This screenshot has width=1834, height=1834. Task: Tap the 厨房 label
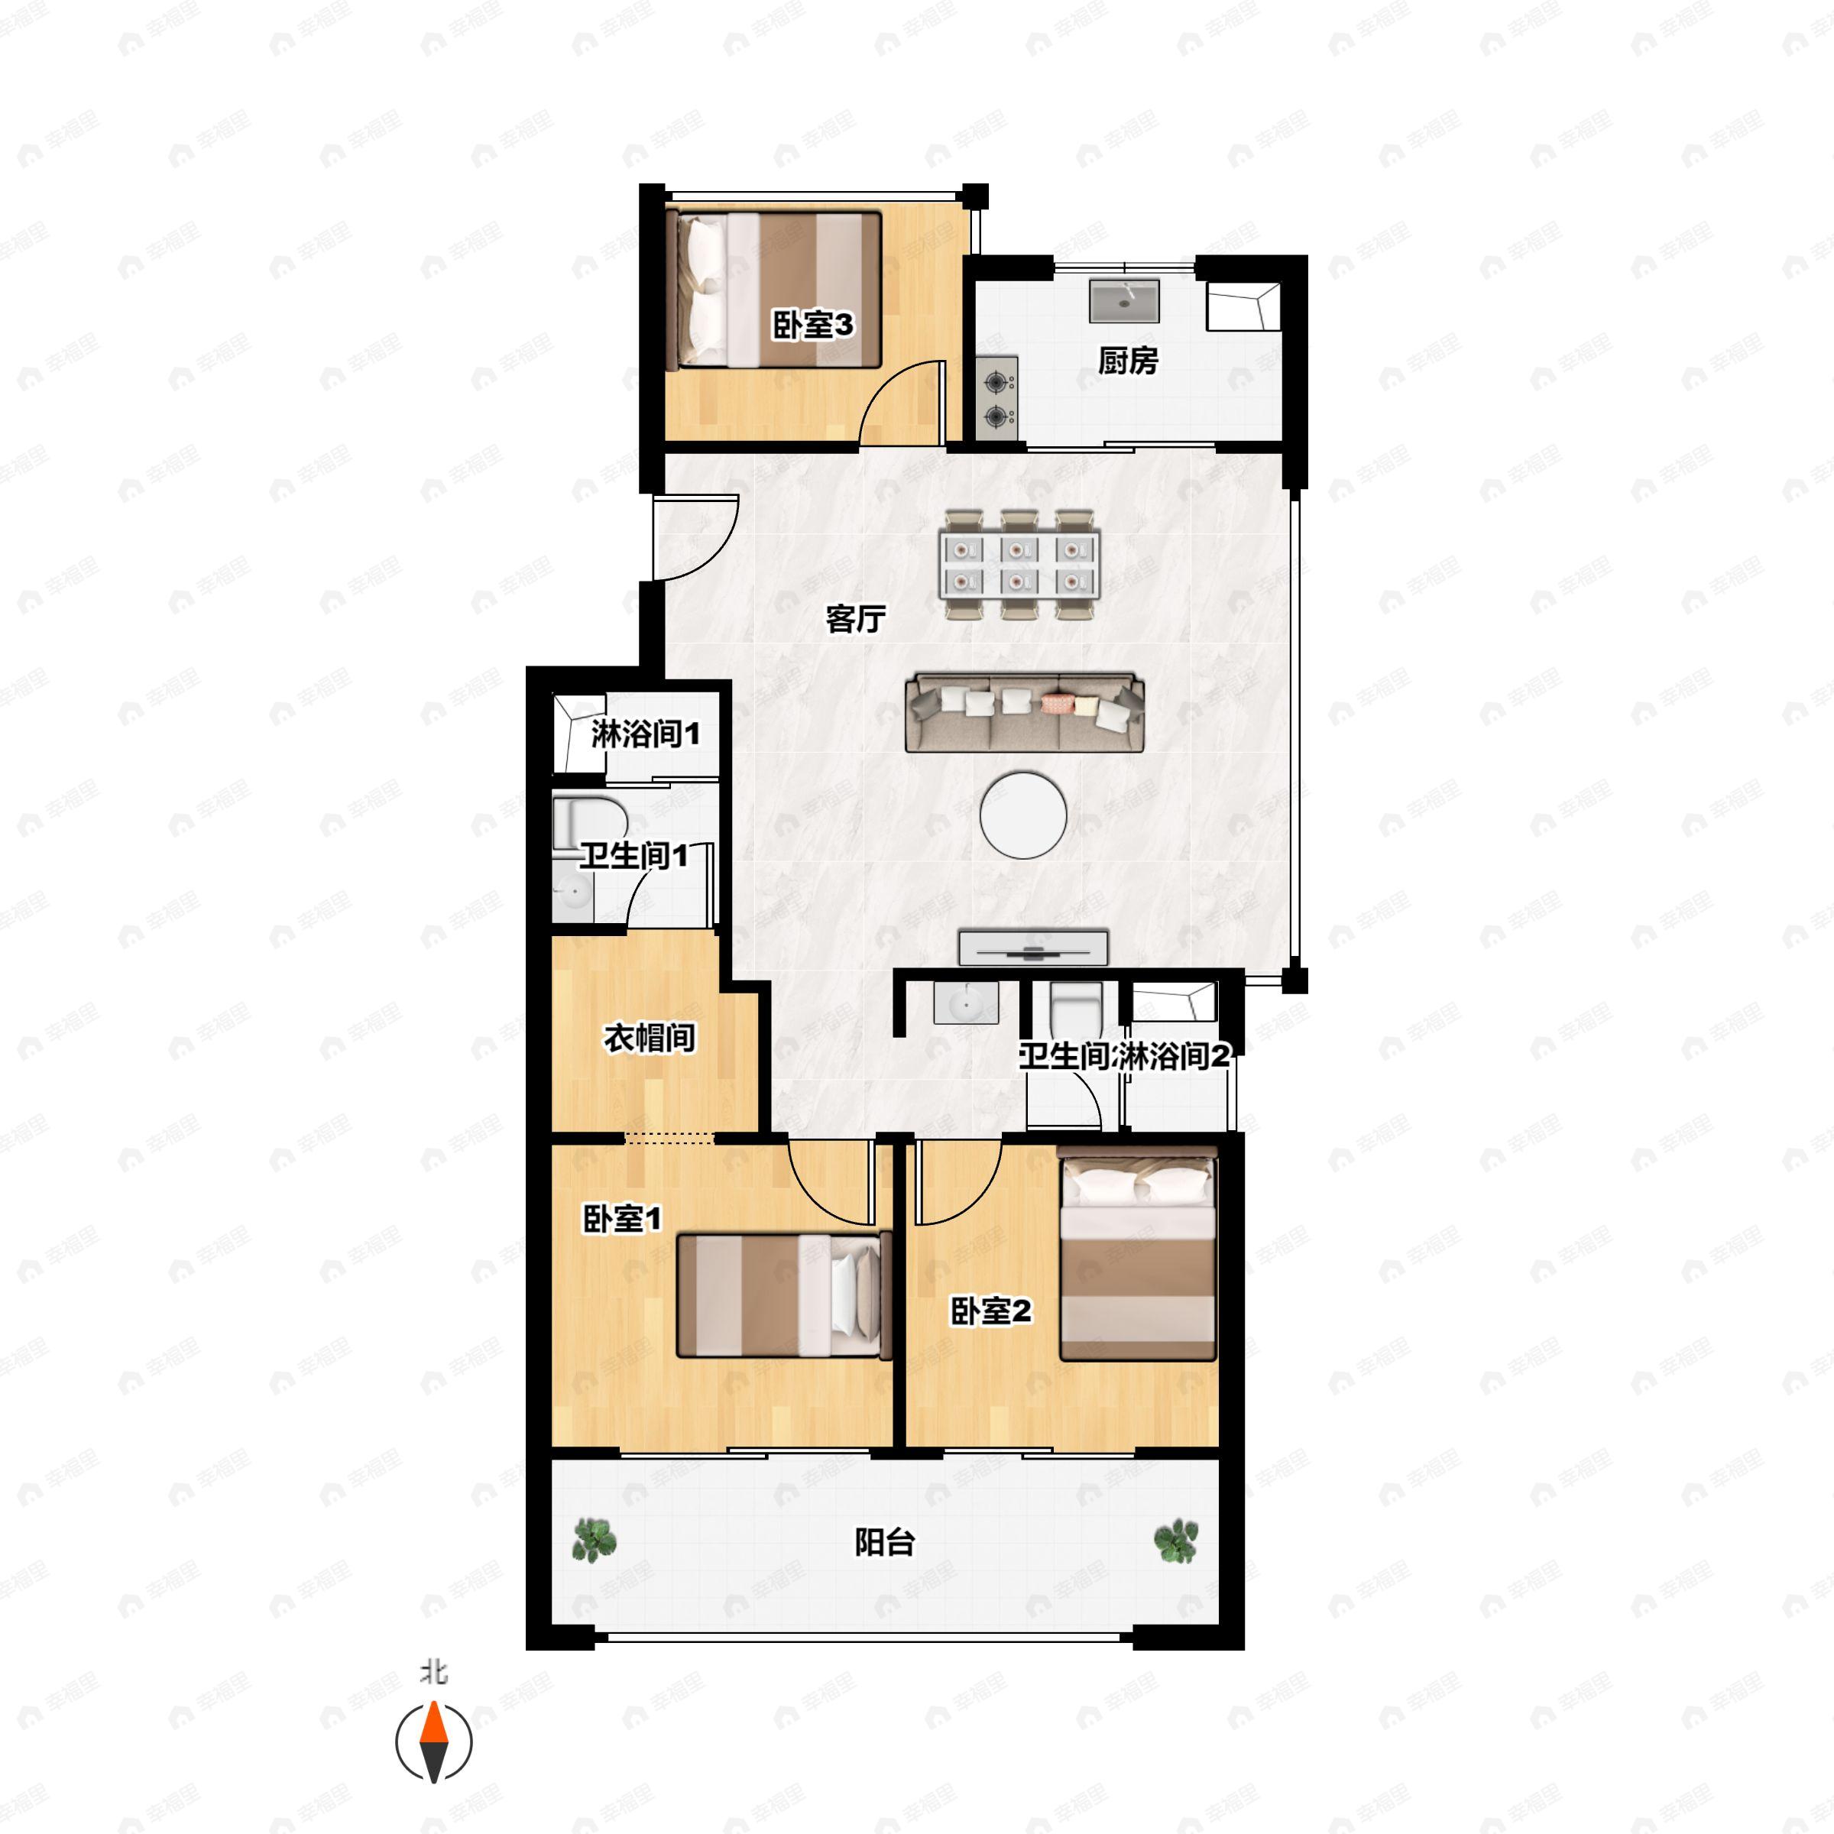tap(1128, 361)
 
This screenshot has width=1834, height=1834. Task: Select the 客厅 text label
tap(855, 619)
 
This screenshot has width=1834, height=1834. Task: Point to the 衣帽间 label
tap(650, 1039)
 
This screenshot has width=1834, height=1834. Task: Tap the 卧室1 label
tap(622, 1219)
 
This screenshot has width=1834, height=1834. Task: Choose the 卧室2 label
tap(991, 1312)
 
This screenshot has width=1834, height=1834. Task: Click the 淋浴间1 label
tap(646, 734)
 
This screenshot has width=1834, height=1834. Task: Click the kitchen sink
tap(1124, 300)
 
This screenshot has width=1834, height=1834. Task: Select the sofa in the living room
tap(1026, 712)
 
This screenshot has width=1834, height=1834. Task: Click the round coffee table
tap(1023, 815)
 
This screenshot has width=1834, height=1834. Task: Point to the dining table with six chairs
tap(1019, 565)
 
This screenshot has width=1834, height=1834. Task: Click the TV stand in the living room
tap(1034, 948)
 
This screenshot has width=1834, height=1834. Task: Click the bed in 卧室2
tap(1137, 1253)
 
